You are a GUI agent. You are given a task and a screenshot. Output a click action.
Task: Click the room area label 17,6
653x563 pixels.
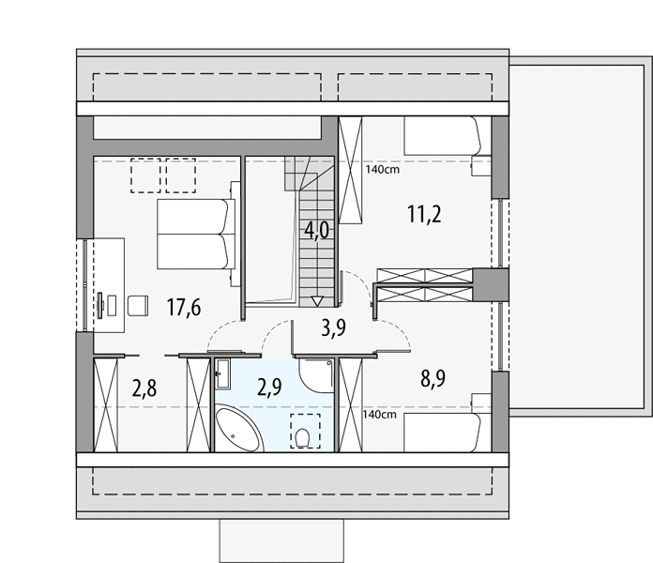click(x=184, y=308)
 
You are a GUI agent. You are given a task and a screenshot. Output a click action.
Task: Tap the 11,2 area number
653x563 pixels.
click(x=424, y=214)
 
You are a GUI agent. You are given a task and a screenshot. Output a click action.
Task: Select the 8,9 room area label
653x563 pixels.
click(x=433, y=378)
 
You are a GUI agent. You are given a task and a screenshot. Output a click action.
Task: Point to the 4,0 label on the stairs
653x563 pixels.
click(x=317, y=230)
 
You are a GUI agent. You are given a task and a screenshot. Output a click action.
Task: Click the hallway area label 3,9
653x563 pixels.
click(x=334, y=328)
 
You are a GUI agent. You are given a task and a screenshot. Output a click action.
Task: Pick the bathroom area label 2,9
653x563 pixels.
click(x=269, y=388)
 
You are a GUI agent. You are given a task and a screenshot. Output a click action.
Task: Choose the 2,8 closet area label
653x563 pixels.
click(x=144, y=388)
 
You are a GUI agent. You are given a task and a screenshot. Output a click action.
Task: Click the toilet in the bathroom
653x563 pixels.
click(x=301, y=438)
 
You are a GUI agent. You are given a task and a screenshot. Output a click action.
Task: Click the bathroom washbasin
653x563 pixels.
click(x=222, y=374)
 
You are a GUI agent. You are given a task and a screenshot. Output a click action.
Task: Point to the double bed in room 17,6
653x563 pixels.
click(x=196, y=234)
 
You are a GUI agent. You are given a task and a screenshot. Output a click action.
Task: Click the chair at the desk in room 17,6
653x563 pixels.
click(x=138, y=306)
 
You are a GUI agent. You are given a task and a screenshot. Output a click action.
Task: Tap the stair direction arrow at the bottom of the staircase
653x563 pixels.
click(x=317, y=301)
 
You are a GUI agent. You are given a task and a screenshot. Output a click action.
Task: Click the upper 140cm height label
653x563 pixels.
click(x=382, y=170)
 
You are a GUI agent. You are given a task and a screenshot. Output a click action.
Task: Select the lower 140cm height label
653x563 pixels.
click(x=379, y=415)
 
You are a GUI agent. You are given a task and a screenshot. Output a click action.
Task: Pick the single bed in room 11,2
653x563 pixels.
click(x=442, y=136)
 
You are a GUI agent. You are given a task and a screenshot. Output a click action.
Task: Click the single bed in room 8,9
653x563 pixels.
click(x=442, y=433)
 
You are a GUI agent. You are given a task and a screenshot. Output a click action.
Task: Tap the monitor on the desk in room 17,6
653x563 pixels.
click(x=100, y=305)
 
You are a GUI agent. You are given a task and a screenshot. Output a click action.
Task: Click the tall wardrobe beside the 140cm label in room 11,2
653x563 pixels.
click(x=350, y=171)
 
